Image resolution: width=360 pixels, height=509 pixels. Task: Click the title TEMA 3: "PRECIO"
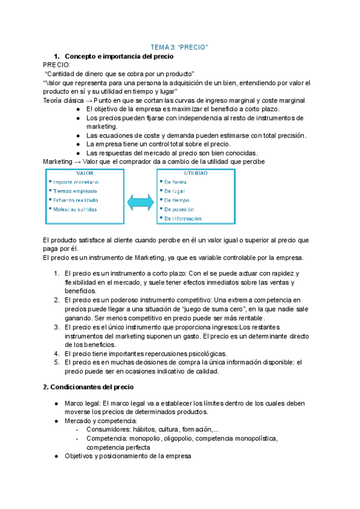click(178, 47)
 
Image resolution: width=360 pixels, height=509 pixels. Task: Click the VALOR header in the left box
click(76, 173)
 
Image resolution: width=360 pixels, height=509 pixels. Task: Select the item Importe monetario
click(76, 182)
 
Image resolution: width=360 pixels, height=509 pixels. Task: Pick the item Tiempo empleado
click(74, 191)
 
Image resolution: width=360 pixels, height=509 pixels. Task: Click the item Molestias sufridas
click(74, 209)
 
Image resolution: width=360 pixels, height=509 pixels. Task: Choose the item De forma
click(175, 182)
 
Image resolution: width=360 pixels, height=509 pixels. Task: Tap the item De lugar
click(175, 191)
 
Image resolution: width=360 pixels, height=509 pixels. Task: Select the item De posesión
click(179, 209)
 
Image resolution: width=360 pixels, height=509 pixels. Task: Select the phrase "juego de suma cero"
click(201, 309)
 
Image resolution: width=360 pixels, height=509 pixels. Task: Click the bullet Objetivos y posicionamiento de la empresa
click(127, 456)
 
